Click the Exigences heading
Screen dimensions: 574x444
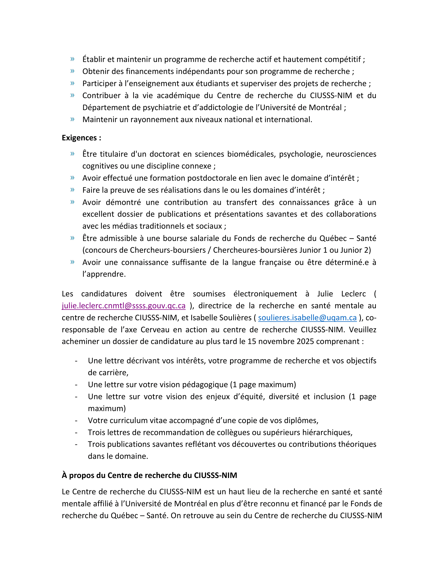81,138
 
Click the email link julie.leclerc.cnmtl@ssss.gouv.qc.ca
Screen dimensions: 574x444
124,306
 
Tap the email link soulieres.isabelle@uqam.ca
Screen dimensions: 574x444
307,318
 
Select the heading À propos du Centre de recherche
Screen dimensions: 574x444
149,475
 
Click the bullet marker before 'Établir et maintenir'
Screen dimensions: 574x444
73,59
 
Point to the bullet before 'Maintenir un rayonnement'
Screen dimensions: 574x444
73,119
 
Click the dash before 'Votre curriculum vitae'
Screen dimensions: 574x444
76,421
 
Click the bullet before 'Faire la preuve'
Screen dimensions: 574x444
73,190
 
